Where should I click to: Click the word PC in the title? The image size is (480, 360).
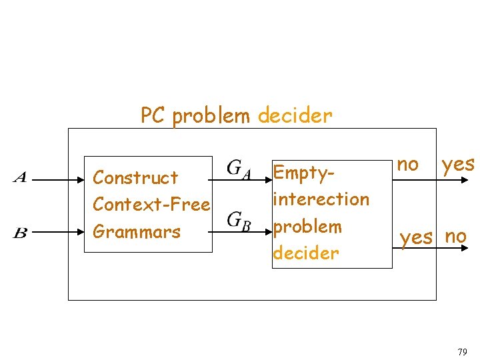(153, 116)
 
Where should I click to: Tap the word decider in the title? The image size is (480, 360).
(295, 116)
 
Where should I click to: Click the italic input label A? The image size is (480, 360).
(20, 177)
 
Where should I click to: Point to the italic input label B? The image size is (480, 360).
(20, 232)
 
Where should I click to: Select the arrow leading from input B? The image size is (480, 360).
(57, 233)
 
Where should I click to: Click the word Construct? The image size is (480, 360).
(135, 178)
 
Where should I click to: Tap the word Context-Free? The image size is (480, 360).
(151, 204)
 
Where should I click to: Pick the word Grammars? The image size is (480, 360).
(137, 232)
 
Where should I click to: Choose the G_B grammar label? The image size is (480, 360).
(239, 219)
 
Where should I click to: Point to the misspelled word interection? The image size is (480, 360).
(321, 199)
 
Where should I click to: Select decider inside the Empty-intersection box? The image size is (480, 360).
(306, 253)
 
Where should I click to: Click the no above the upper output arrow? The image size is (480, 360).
(407, 164)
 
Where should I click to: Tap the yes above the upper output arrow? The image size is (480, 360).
(457, 164)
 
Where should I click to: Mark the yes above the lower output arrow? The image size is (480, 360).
(416, 237)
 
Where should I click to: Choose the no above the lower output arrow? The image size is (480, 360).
(455, 235)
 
